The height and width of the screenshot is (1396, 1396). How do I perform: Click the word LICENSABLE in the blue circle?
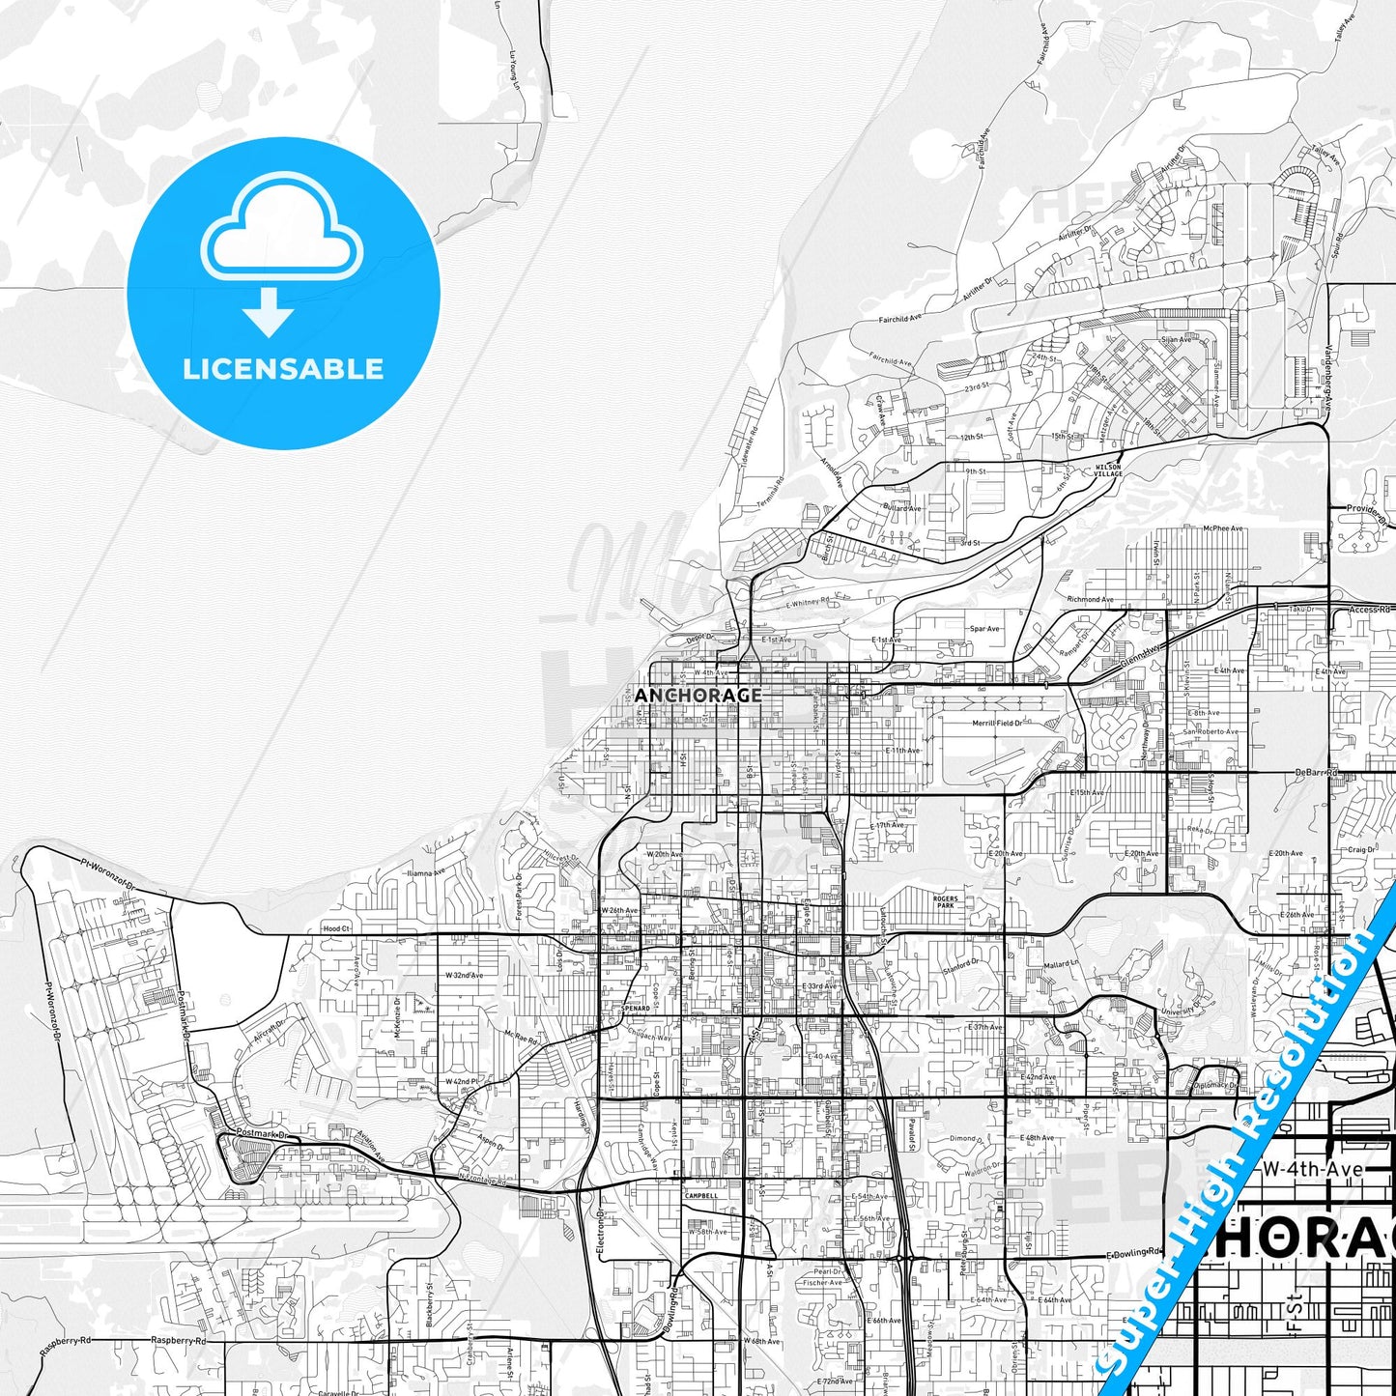283,368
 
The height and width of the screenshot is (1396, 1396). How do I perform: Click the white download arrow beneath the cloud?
269,311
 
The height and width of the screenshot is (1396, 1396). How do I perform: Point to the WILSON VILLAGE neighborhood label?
1108,470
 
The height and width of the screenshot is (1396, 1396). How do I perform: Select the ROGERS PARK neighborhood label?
945,902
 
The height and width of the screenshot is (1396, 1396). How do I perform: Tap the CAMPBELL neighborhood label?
701,1195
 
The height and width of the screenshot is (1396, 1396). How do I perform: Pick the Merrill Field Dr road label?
996,723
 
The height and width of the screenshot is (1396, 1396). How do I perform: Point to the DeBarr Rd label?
1317,773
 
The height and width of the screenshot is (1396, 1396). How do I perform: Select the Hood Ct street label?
336,927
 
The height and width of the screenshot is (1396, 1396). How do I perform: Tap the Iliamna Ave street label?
427,872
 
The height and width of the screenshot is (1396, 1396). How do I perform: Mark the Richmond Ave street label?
1090,599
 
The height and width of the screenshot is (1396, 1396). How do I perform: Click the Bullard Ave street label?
901,508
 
